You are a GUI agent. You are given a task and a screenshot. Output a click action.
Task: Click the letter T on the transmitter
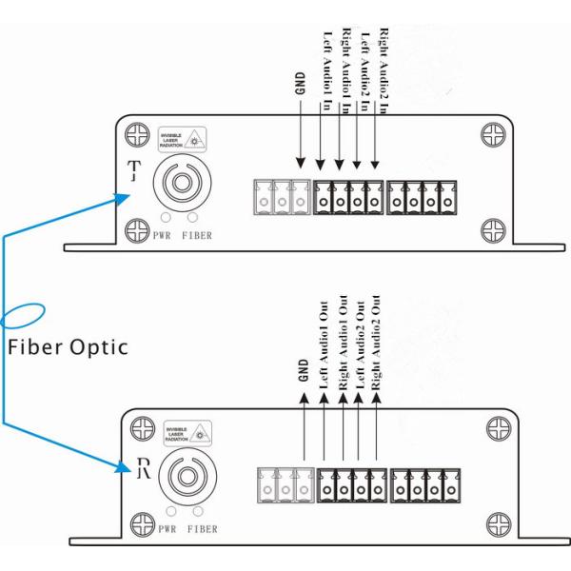134,170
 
